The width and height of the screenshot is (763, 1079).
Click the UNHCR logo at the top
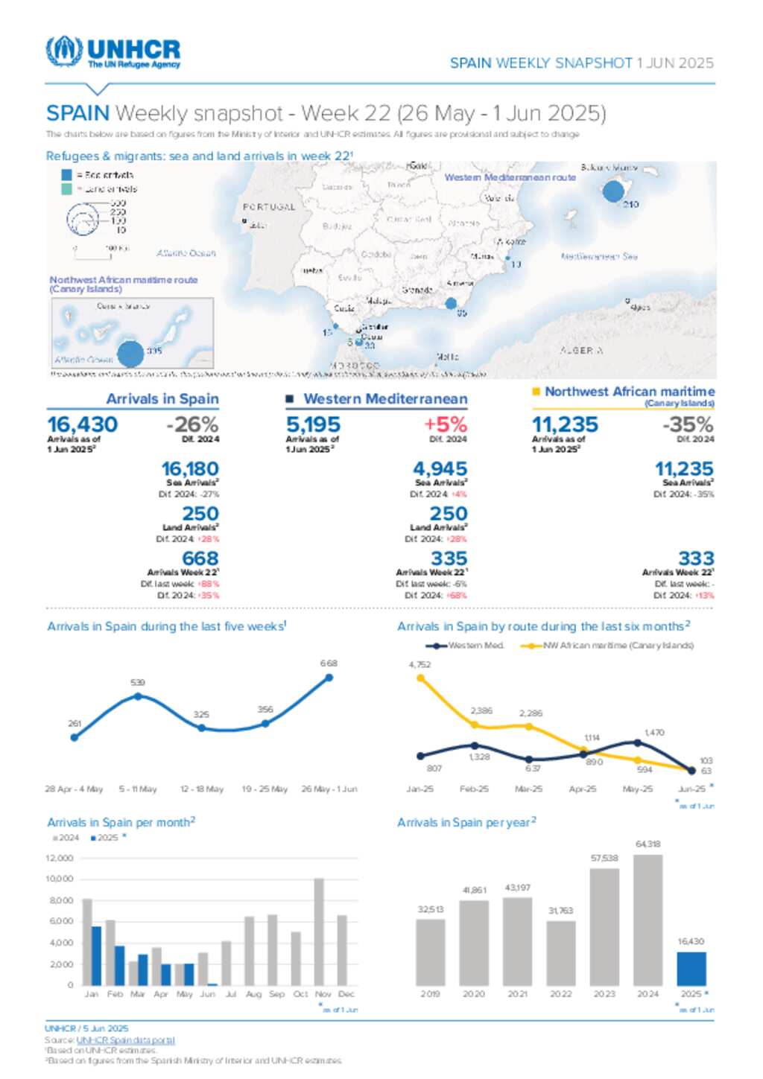113,52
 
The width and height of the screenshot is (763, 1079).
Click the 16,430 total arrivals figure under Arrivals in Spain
83,424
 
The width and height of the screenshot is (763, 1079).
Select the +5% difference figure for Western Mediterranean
445,424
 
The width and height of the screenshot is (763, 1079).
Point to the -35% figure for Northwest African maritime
688,424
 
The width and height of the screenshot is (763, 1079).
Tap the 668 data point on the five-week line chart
329,678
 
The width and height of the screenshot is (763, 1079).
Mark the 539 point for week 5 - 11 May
138,696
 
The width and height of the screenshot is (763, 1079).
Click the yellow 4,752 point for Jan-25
420,678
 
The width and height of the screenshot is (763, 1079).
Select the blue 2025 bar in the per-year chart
691,969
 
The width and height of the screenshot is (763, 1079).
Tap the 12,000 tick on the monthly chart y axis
60,859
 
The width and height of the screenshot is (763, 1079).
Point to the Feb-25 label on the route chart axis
474,789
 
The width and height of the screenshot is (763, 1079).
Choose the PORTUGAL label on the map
269,207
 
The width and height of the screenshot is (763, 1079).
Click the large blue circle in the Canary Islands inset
130,354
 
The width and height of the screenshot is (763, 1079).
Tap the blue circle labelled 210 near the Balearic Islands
612,191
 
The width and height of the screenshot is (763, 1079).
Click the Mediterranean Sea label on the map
599,256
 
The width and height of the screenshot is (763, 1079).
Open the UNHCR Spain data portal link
125,1040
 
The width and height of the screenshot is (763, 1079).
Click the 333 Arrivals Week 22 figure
696,558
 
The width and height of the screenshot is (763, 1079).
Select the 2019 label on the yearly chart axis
430,994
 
